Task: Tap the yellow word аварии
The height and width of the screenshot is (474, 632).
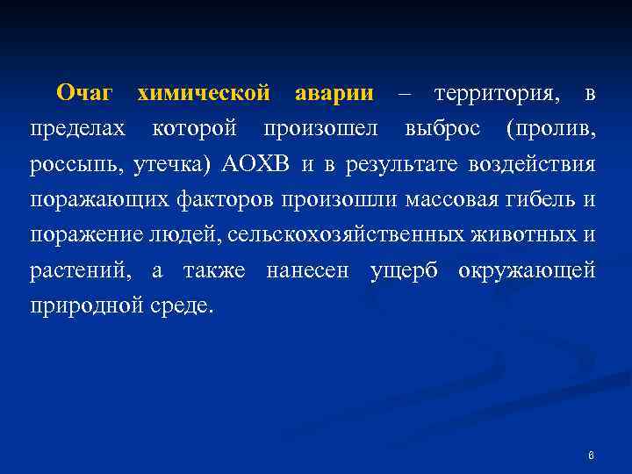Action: click(x=334, y=93)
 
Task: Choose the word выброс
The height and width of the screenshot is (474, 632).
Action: click(x=442, y=129)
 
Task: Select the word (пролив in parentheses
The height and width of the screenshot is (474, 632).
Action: click(x=551, y=130)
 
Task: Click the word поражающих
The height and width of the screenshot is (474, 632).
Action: click(x=93, y=200)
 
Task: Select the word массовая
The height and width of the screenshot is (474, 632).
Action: click(x=450, y=200)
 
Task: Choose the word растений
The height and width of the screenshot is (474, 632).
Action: click(x=80, y=271)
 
